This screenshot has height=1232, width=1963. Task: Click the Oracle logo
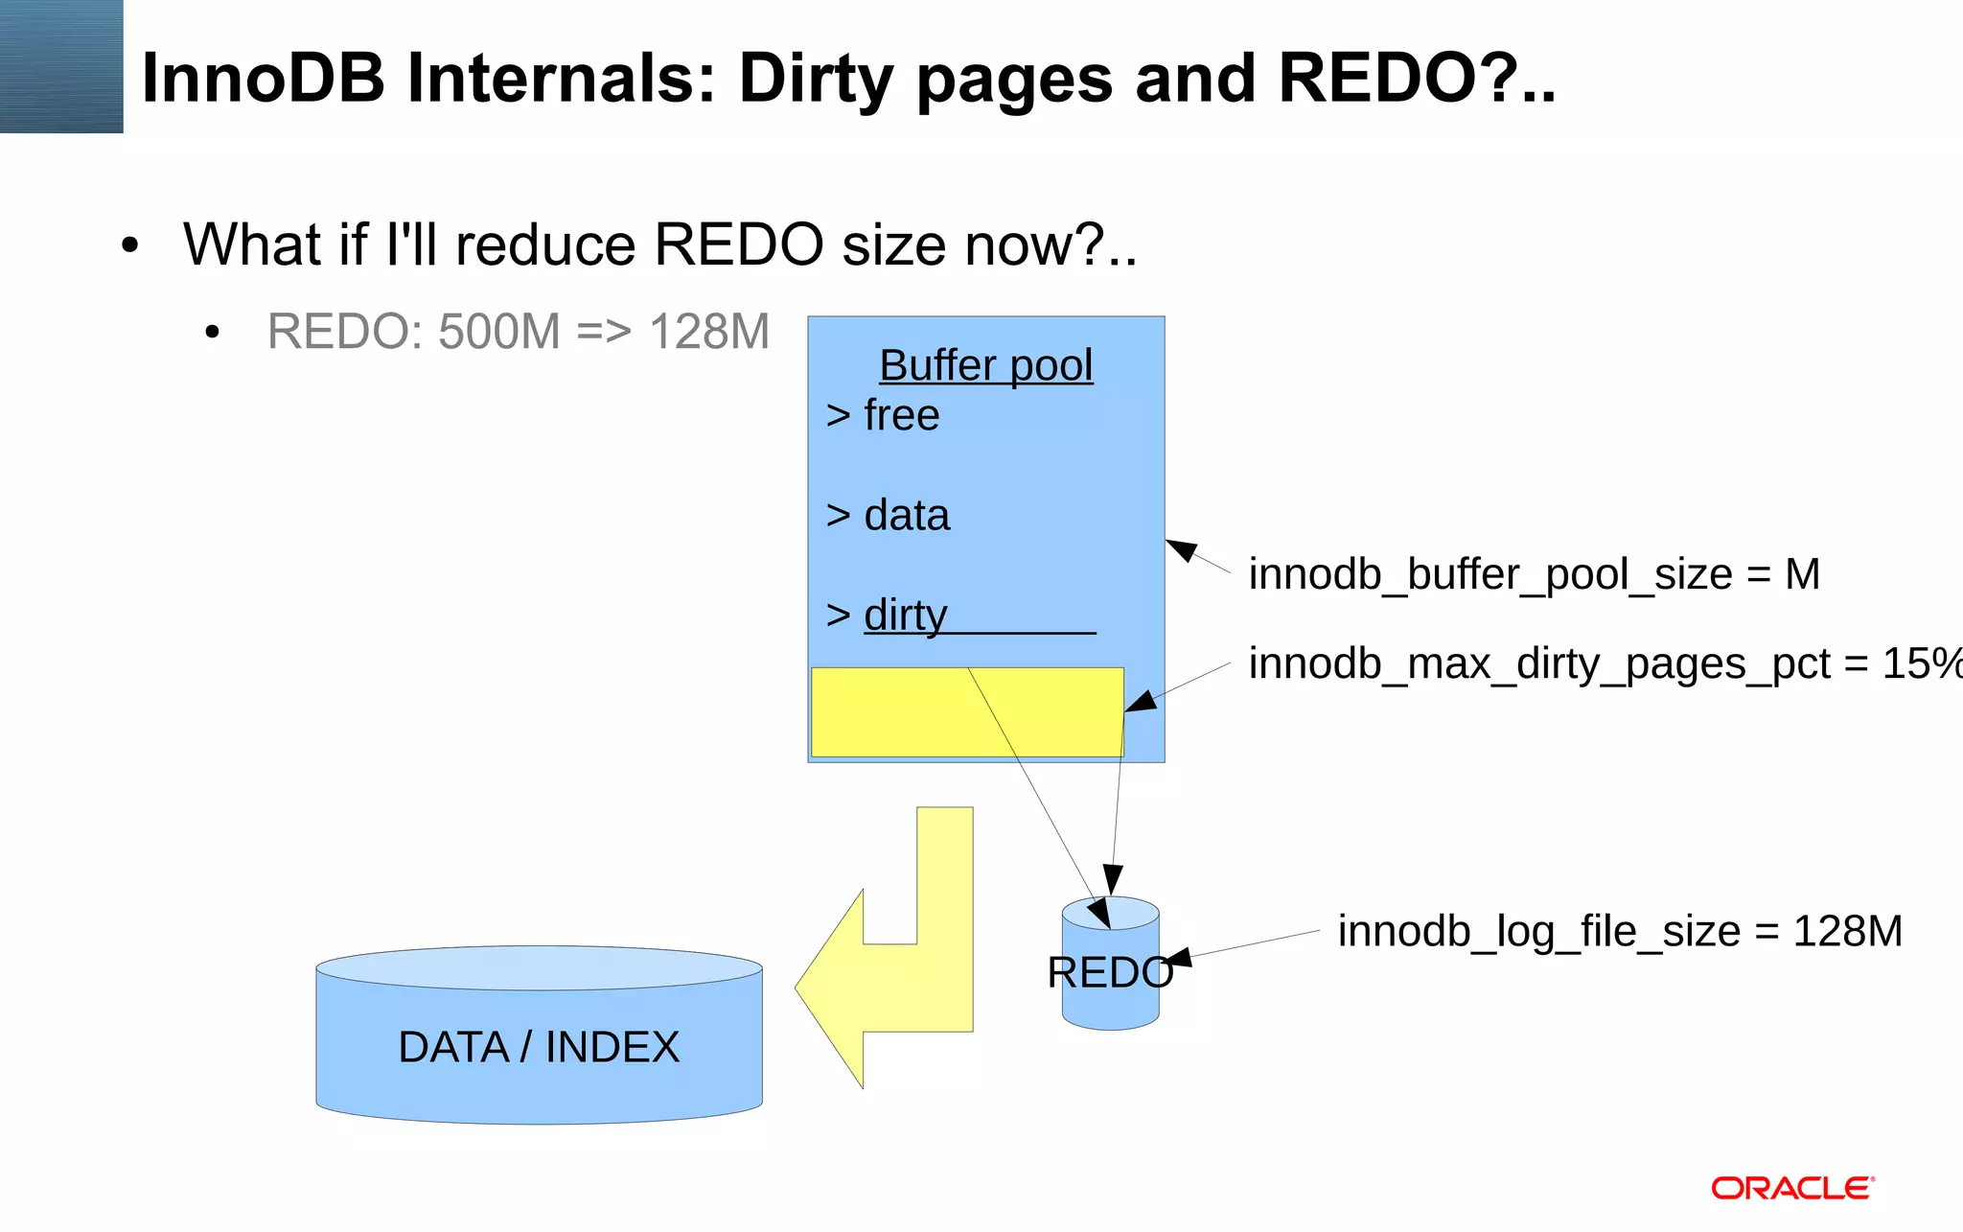pos(1791,1188)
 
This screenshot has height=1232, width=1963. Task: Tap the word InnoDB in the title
pos(263,78)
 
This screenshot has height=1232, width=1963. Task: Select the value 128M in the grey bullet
pos(709,332)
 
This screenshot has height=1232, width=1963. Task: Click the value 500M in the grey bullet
pos(498,332)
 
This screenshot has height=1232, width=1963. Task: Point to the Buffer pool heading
pos(985,365)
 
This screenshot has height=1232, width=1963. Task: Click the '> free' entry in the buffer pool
pos(883,415)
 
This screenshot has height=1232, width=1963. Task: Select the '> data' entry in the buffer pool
pos(888,515)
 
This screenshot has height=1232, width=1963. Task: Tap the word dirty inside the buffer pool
pos(905,615)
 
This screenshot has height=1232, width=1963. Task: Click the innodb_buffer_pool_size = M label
pos(1534,574)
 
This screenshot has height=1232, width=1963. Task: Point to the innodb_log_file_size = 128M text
pos(1620,931)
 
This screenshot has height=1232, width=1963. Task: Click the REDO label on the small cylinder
pos(1110,973)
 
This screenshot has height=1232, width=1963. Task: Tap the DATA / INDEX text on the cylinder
pos(539,1047)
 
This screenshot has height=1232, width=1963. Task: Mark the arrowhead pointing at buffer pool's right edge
pos(1182,549)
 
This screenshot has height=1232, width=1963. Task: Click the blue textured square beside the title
pos(61,66)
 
